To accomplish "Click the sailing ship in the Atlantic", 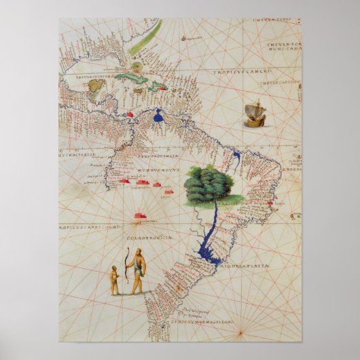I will tap(254, 113).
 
